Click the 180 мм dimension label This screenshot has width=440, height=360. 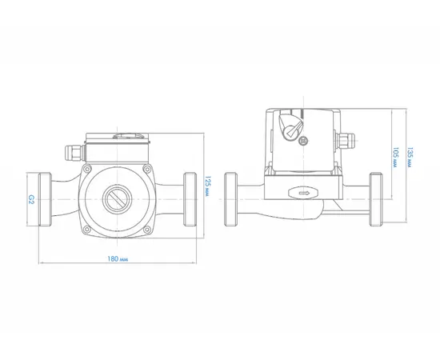pos(118,258)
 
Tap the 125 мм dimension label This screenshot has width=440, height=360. pos(207,186)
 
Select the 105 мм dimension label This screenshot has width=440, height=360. pos(395,158)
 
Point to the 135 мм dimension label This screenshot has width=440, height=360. pos(410,158)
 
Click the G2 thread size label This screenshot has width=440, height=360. pos(31,199)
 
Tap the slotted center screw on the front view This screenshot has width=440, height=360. pos(117,199)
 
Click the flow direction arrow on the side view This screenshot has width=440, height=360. pos(304,193)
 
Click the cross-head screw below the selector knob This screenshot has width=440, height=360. pos(304,141)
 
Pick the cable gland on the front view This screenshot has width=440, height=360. pos(75,154)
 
